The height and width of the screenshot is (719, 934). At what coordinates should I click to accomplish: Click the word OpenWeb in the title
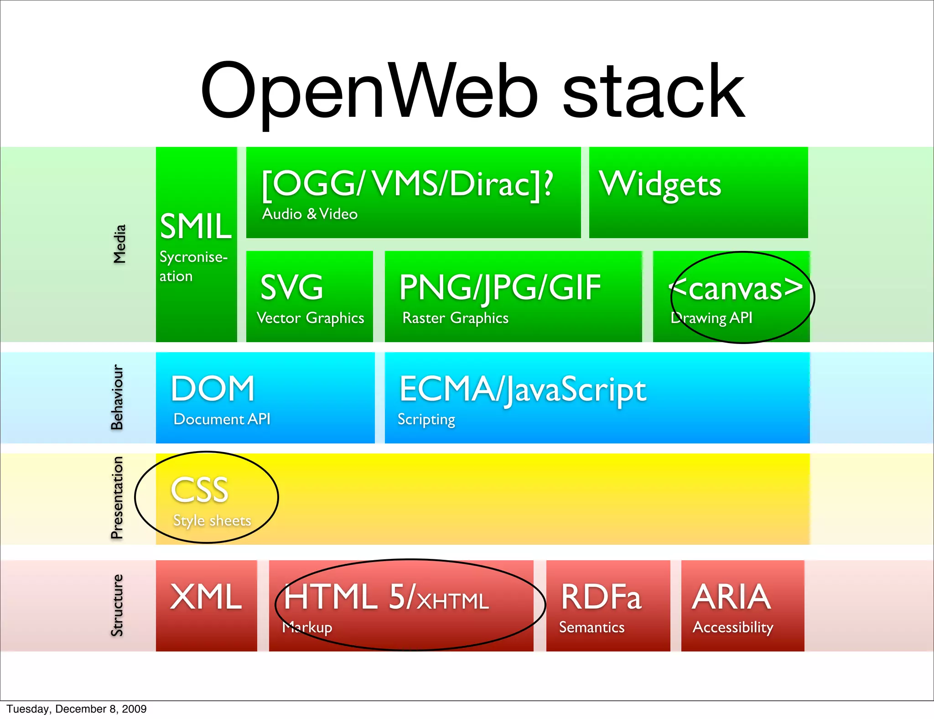pos(369,91)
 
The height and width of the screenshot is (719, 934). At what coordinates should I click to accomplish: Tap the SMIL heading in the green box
pos(196,226)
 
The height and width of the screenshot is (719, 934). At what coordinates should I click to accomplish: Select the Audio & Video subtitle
pos(310,214)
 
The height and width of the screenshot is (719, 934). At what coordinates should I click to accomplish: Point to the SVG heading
pos(292,287)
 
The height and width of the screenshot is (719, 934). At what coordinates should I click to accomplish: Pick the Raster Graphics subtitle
pos(455,318)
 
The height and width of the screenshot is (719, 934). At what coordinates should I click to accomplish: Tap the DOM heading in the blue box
pos(213,389)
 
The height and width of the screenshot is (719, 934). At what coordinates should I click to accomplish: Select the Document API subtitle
pos(222,419)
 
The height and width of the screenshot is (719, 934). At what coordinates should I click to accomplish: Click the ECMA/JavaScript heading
pos(523,390)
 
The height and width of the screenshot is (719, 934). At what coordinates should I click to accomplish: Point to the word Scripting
pos(426,419)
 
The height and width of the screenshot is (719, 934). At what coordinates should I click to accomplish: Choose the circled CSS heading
pos(200,490)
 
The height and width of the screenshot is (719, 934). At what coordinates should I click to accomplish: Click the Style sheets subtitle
pos(212,521)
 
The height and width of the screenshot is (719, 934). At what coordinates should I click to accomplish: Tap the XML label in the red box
pos(206,597)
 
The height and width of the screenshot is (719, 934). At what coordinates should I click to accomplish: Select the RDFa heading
pos(601,597)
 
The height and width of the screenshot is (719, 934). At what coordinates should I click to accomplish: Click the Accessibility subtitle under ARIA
pos(733,627)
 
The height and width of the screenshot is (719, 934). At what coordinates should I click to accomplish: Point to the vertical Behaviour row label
pos(117,397)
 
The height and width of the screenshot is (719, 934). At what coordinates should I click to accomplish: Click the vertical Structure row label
pos(117,605)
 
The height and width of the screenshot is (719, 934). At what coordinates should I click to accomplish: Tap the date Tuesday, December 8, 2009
pos(77,709)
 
